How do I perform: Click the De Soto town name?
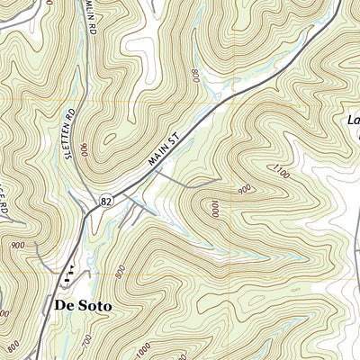point(83,306)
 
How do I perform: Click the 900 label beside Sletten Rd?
point(84,148)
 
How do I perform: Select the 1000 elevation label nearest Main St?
point(214,209)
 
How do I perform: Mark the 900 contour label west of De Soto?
point(18,245)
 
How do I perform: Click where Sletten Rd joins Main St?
point(90,207)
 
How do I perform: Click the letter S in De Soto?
point(86,306)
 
